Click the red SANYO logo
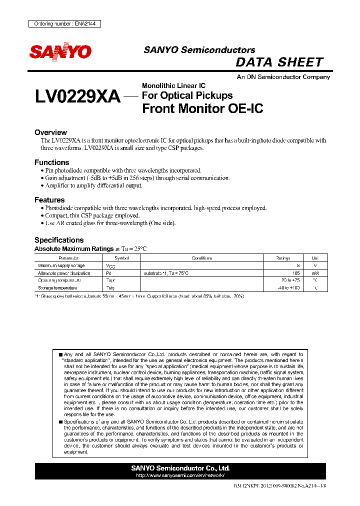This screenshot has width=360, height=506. pos(60,52)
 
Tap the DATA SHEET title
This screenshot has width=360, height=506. pos(279,62)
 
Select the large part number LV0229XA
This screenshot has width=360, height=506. pos(77,96)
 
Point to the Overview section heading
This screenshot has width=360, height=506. pos(50,132)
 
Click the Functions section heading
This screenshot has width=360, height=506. pos(51,162)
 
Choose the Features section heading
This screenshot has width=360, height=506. pos(49,200)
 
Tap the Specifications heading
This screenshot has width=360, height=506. pos(59,240)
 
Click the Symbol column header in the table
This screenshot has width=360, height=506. pos(121,258)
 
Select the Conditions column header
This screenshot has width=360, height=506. pos(202,258)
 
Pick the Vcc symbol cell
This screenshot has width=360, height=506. pos(110,266)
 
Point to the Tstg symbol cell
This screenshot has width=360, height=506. pos(110,288)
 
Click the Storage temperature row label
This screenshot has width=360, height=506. pos(57,288)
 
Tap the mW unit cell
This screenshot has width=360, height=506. pos(314,273)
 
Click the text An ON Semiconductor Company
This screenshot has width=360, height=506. pos(283,77)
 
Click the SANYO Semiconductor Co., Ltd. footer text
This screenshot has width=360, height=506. pos(180,468)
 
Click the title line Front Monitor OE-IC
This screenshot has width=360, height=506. pos(202,108)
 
